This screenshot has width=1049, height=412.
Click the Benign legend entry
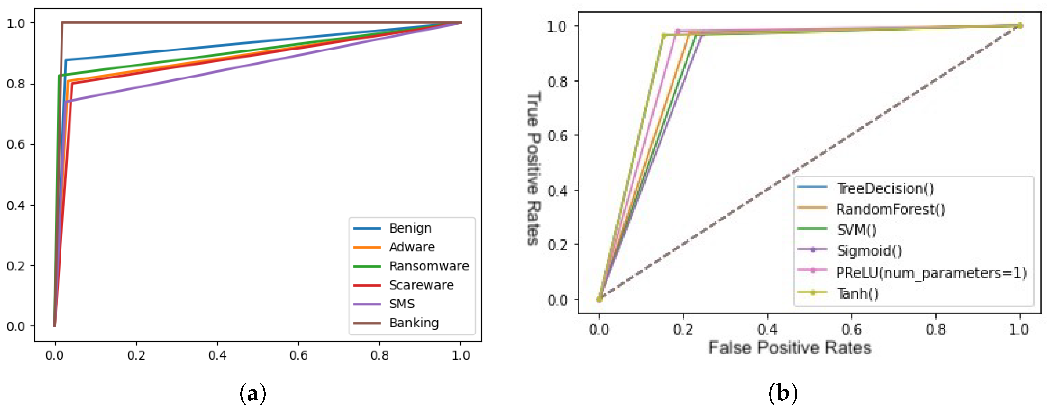tap(410, 228)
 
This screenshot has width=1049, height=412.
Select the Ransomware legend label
tap(429, 266)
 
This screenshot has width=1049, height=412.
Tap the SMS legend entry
tap(402, 304)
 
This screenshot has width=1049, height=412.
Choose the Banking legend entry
tap(414, 323)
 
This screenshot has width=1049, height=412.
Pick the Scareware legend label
tap(421, 285)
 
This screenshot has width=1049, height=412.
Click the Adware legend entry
tap(412, 247)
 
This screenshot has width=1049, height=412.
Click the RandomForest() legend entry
tap(890, 209)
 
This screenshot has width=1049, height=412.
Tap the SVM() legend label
tap(856, 230)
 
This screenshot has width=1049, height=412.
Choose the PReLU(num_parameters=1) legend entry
tap(931, 273)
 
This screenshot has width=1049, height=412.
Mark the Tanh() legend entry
tap(858, 293)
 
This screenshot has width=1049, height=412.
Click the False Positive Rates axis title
tap(790, 348)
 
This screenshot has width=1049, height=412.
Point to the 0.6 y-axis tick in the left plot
tap(16, 145)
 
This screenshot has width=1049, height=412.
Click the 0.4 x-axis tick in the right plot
tap(767, 329)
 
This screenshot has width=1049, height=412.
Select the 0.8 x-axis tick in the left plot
tap(379, 355)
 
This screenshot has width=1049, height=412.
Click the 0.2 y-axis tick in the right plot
tap(557, 245)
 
